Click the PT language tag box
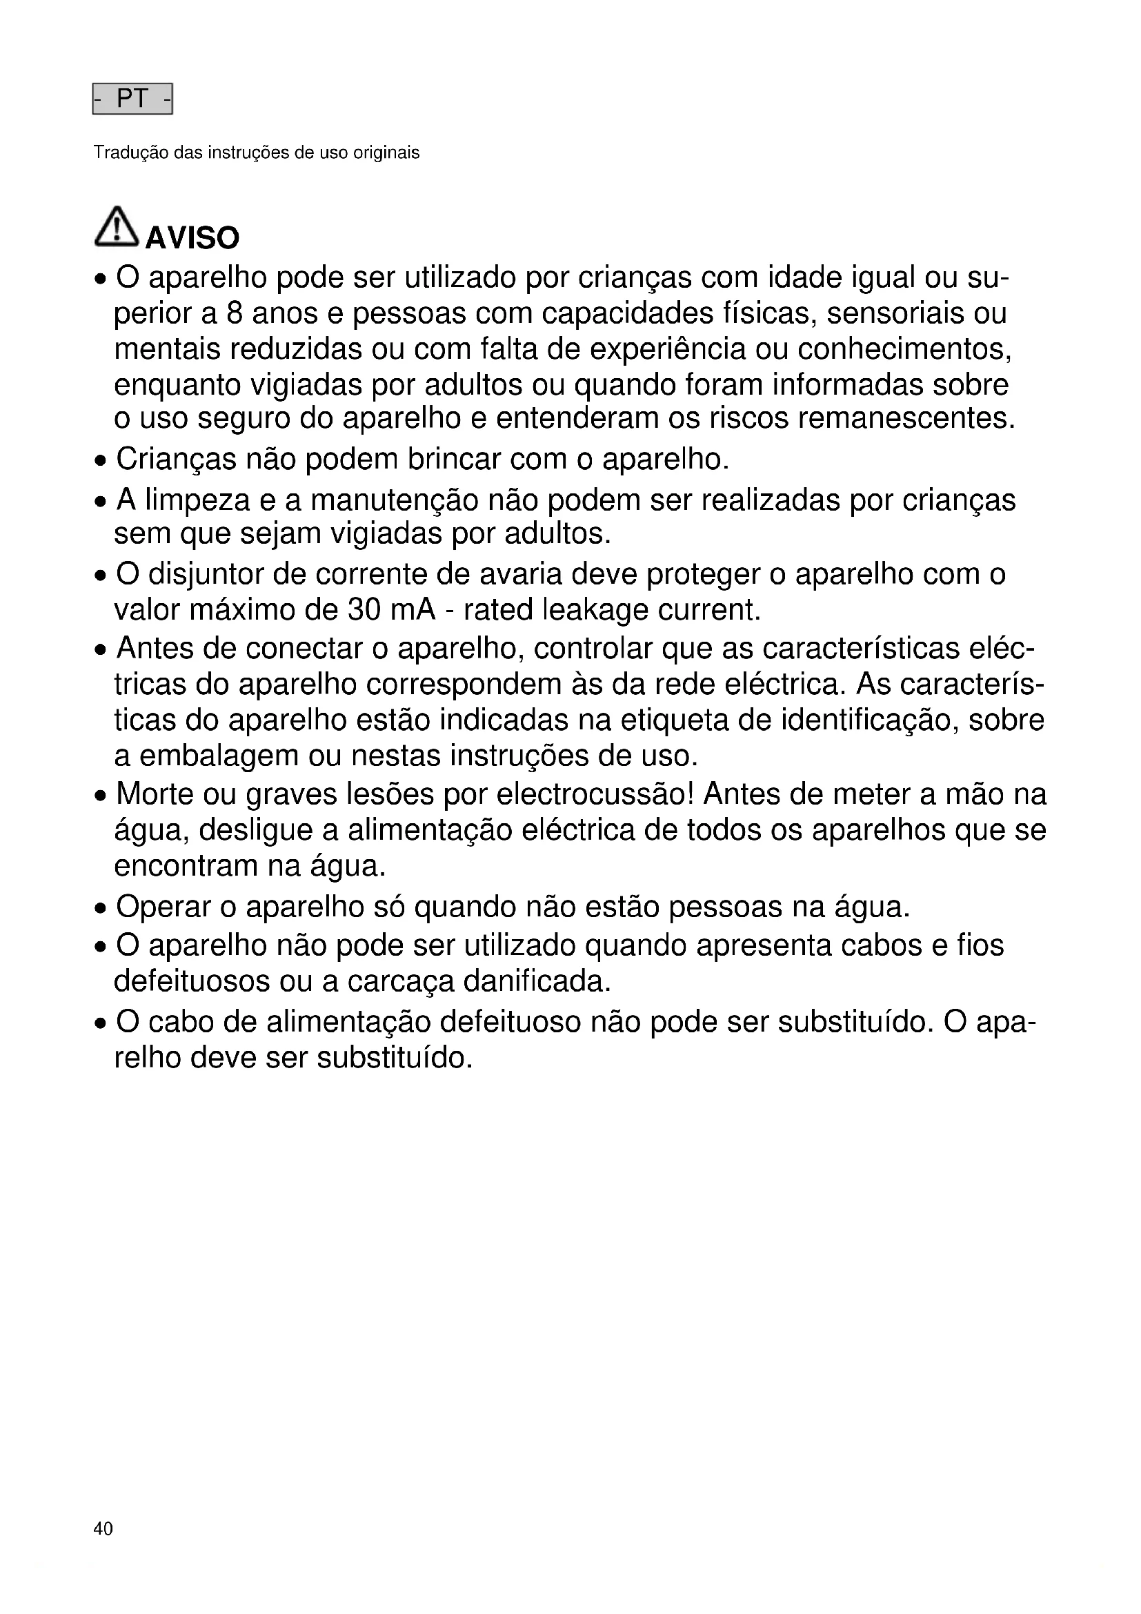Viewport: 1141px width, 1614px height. pos(132,99)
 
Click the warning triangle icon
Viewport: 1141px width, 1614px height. pos(116,227)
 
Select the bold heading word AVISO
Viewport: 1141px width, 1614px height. pos(192,238)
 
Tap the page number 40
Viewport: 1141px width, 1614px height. pos(103,1528)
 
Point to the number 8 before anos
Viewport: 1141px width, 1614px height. pos(235,313)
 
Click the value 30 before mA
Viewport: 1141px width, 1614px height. pos(364,610)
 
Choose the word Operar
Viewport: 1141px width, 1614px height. pos(163,907)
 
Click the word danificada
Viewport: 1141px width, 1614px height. pos(537,982)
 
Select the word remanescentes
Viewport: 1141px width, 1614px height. pos(906,419)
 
